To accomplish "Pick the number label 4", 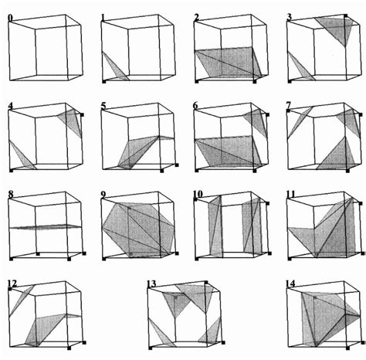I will point(10,104).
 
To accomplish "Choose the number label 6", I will point(197,104).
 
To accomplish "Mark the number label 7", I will point(290,104).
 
